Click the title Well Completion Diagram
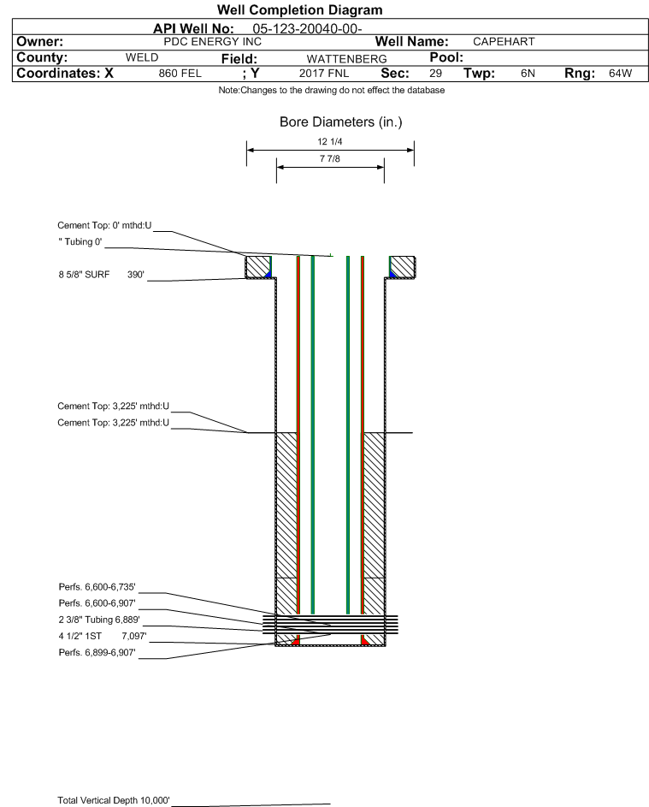pyautogui.click(x=300, y=9)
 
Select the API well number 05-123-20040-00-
pyautogui.click(x=308, y=29)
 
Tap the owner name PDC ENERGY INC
pyautogui.click(x=212, y=42)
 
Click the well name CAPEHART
pyautogui.click(x=504, y=42)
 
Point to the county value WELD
pyautogui.click(x=142, y=57)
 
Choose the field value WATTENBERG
pyautogui.click(x=346, y=59)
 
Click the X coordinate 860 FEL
pyautogui.click(x=180, y=74)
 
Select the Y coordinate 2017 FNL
pyautogui.click(x=324, y=74)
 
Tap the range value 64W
pyautogui.click(x=620, y=74)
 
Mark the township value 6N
pyautogui.click(x=528, y=74)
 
